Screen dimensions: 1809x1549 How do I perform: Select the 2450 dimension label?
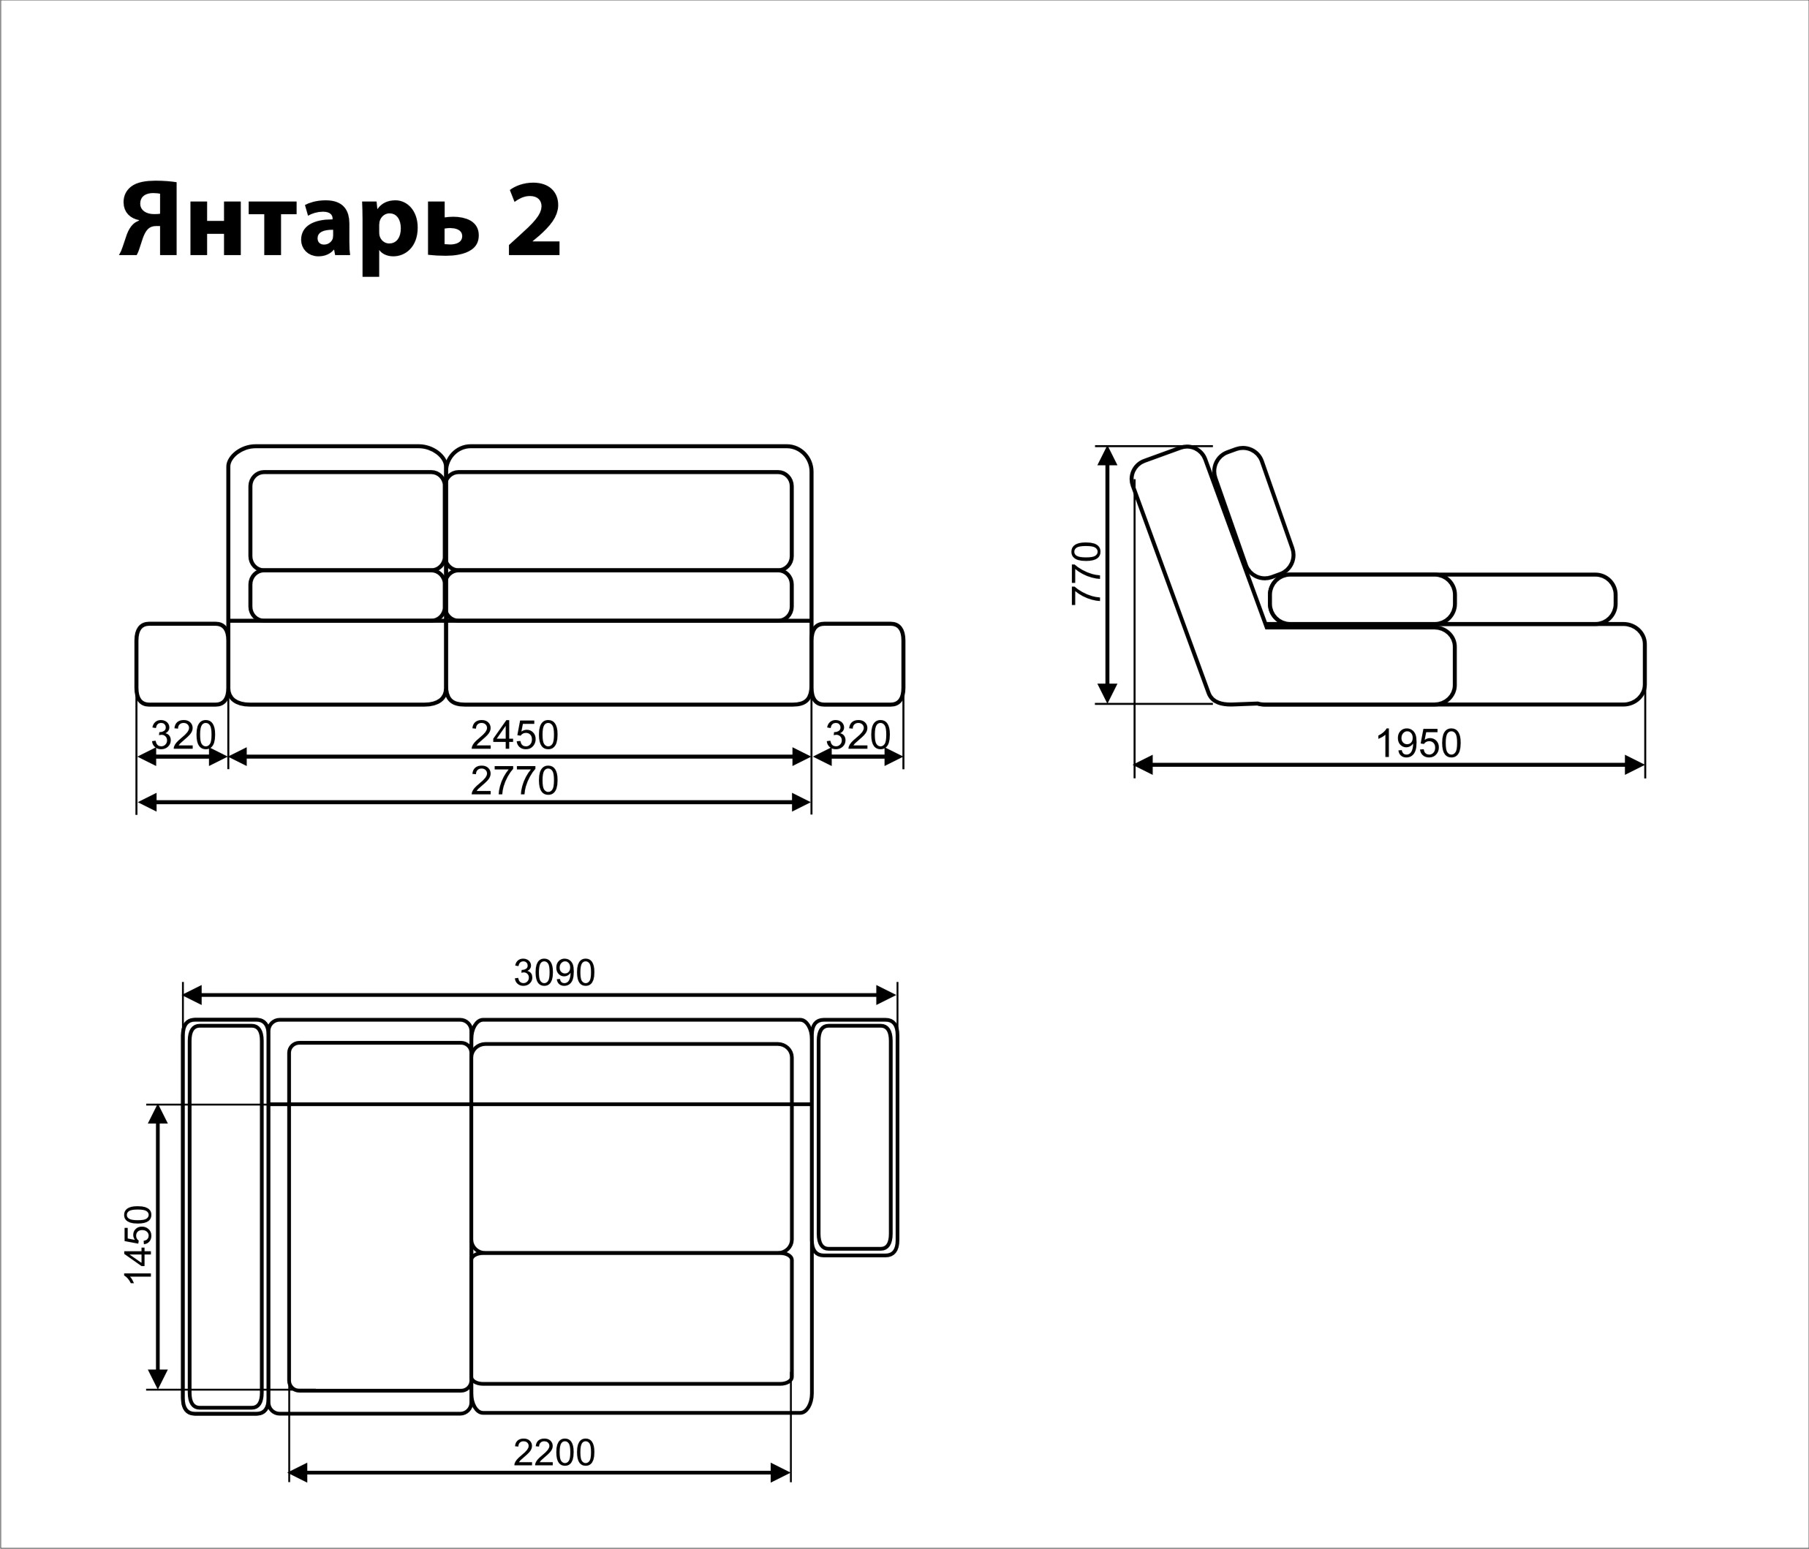coord(514,735)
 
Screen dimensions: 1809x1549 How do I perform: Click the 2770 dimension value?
coord(514,781)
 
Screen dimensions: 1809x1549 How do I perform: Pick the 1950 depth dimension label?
coord(1419,743)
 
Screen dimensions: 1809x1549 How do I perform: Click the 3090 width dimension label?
coord(554,972)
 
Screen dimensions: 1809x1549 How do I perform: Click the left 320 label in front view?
coord(184,735)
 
